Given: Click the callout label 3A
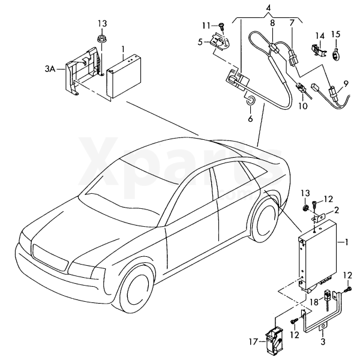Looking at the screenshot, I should pos(50,70).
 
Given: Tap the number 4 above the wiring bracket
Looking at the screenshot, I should pos(268,8).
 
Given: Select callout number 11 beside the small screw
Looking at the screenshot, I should pos(206,25).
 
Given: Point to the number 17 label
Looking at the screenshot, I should pos(253,342).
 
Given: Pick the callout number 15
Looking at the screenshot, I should pos(335,34).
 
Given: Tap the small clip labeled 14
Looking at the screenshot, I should pos(316,50).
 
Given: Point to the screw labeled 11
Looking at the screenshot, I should pos(220,26).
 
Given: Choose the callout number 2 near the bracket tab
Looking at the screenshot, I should pos(335,210).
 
